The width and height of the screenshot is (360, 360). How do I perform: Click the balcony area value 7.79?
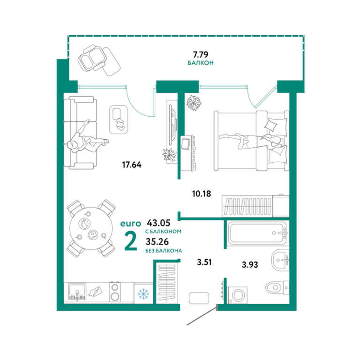[201, 55]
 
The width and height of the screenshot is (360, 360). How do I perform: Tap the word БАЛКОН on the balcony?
[201, 63]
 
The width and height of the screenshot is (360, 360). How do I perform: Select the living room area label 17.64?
[132, 165]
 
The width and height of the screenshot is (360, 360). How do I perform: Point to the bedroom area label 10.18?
[202, 194]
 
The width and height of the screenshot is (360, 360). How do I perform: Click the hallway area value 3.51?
[204, 262]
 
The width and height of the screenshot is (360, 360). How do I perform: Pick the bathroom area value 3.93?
[250, 265]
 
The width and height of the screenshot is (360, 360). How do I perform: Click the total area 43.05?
[158, 223]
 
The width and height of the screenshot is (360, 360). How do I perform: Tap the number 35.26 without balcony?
[157, 241]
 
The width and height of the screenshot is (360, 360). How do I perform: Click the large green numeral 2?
[130, 241]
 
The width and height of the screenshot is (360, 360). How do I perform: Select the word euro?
[130, 224]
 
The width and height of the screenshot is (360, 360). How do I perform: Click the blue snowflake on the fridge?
[143, 293]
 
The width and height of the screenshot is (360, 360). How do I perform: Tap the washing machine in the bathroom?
[237, 295]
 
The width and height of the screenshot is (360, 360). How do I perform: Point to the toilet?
[277, 287]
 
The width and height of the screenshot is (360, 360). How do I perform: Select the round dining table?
[91, 228]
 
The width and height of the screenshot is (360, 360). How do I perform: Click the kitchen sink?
[77, 292]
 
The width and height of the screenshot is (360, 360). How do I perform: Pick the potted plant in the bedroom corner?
[194, 103]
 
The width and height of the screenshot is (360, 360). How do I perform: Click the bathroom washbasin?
[280, 260]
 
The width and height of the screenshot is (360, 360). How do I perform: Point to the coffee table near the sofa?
[119, 120]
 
